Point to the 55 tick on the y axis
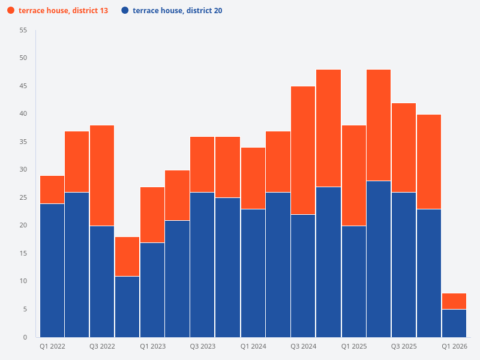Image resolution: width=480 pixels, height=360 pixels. point(23,30)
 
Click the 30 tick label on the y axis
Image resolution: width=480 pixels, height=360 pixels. point(23,170)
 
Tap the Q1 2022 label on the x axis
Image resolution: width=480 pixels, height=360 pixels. point(52,346)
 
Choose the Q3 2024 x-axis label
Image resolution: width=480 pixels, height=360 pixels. point(303,346)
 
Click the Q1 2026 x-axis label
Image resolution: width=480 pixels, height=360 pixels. point(454,346)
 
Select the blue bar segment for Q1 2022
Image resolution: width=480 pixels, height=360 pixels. point(52,270)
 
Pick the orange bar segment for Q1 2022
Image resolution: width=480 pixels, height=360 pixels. point(52,190)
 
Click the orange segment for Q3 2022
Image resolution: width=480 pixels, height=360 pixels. point(102,176)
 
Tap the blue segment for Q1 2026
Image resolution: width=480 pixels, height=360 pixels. point(454,323)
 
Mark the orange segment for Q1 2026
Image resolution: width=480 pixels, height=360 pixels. point(454,301)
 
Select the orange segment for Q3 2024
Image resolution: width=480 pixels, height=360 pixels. point(303,150)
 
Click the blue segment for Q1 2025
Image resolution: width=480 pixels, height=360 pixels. point(353,281)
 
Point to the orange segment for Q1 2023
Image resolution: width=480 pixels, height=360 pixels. point(152,215)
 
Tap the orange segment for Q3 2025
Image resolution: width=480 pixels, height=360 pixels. point(404,148)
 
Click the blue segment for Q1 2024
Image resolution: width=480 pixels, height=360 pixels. point(253,273)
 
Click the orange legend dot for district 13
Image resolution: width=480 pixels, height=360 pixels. point(11,11)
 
